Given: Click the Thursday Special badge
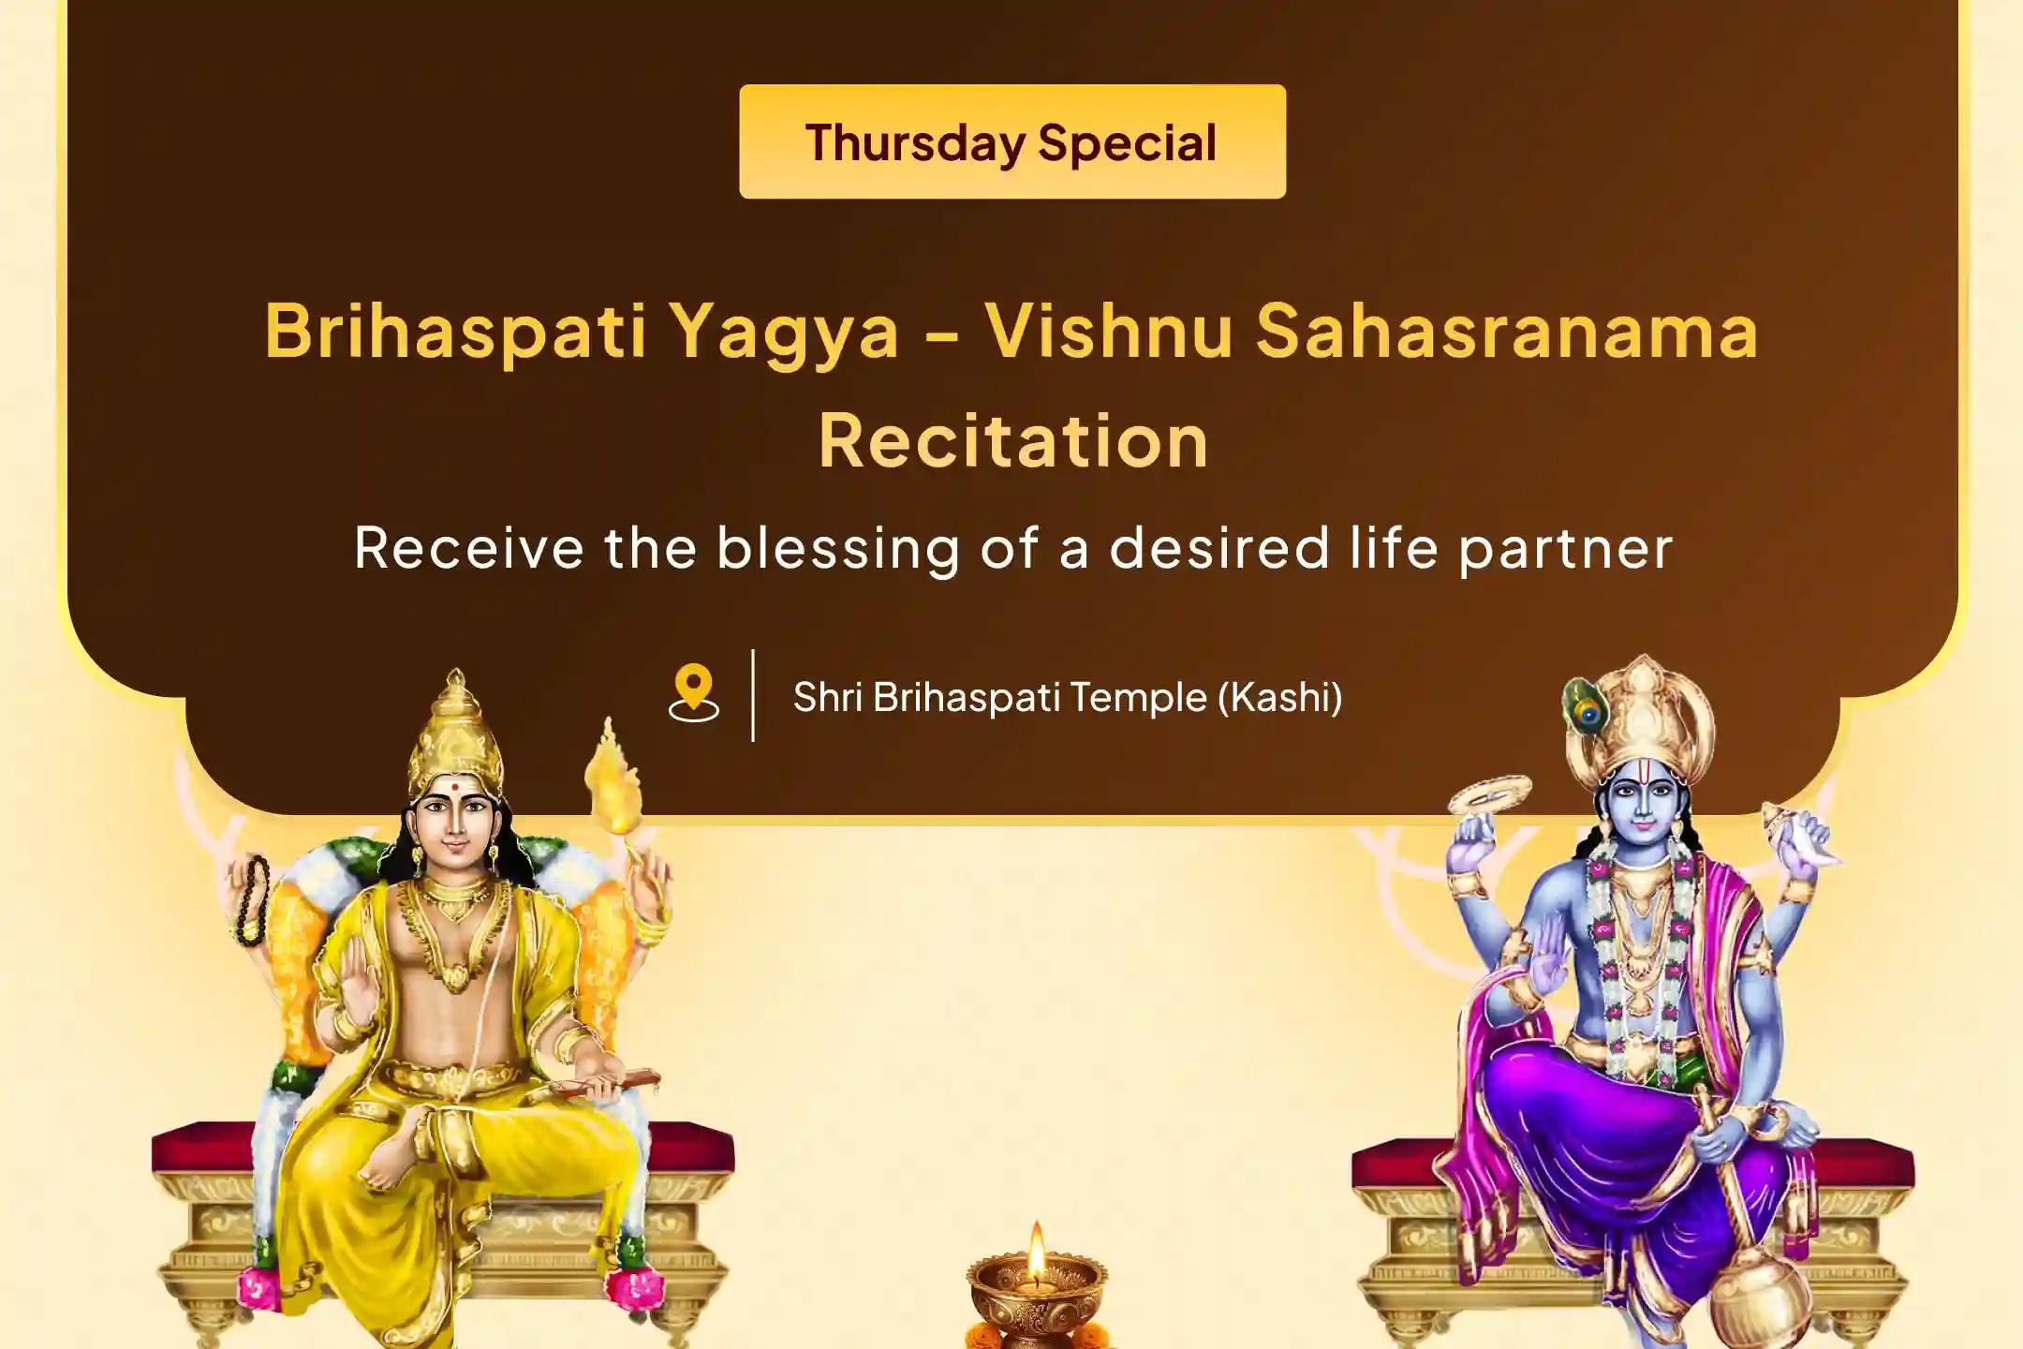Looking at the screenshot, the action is click(x=1011, y=141).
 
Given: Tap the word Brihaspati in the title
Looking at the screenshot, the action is click(x=456, y=333).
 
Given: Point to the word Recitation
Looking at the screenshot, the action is click(x=1013, y=439).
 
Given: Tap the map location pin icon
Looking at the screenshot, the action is click(x=694, y=693).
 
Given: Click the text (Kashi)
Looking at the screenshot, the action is click(x=1280, y=697).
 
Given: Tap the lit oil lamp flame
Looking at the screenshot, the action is click(x=1036, y=1251).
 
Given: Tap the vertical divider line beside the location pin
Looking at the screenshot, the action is click(x=753, y=695).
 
